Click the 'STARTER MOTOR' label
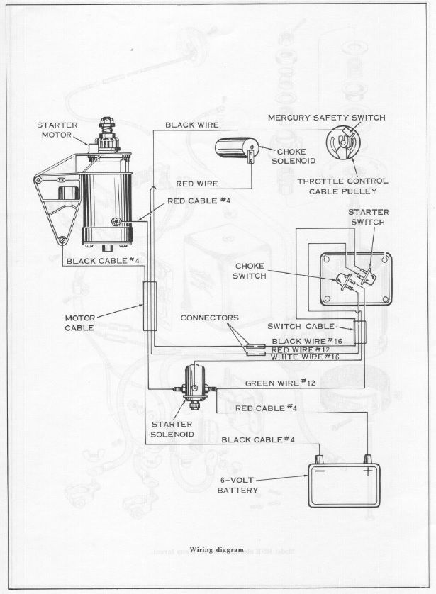(57, 130)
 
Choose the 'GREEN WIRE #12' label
(280, 383)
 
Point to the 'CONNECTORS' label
(209, 318)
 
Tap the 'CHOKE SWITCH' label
(250, 271)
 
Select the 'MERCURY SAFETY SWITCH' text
(326, 117)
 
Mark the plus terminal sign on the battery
(368, 470)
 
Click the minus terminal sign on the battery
(320, 470)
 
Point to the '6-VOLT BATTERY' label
(237, 484)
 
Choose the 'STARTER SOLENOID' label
(167, 429)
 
